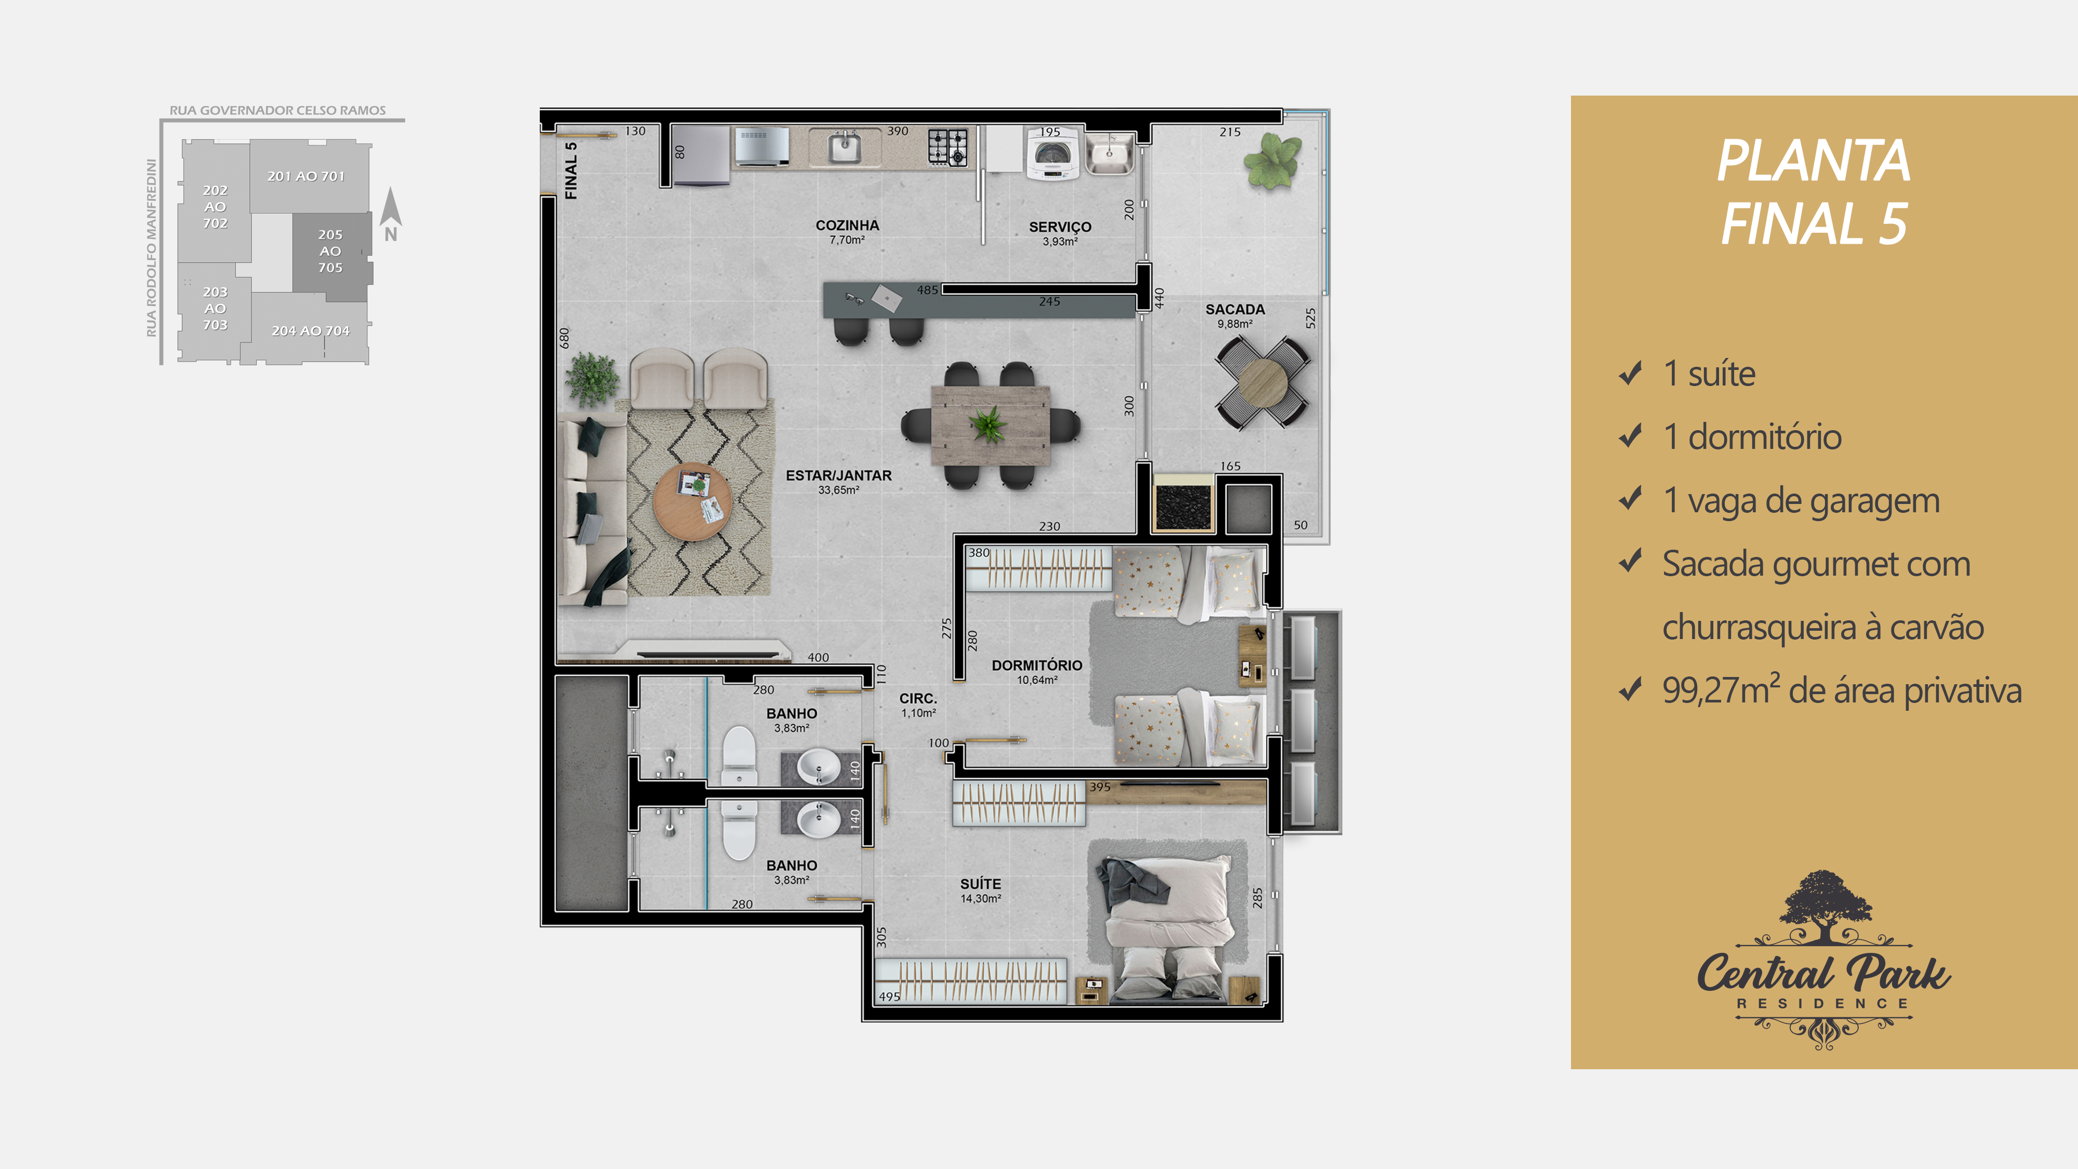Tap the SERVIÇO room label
pos(1060,228)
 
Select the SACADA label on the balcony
pos(1235,310)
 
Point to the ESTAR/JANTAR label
pos(839,476)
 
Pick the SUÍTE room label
pos(980,884)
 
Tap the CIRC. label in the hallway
pos(918,699)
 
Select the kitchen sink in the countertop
pos(845,147)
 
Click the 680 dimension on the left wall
pos(565,338)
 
